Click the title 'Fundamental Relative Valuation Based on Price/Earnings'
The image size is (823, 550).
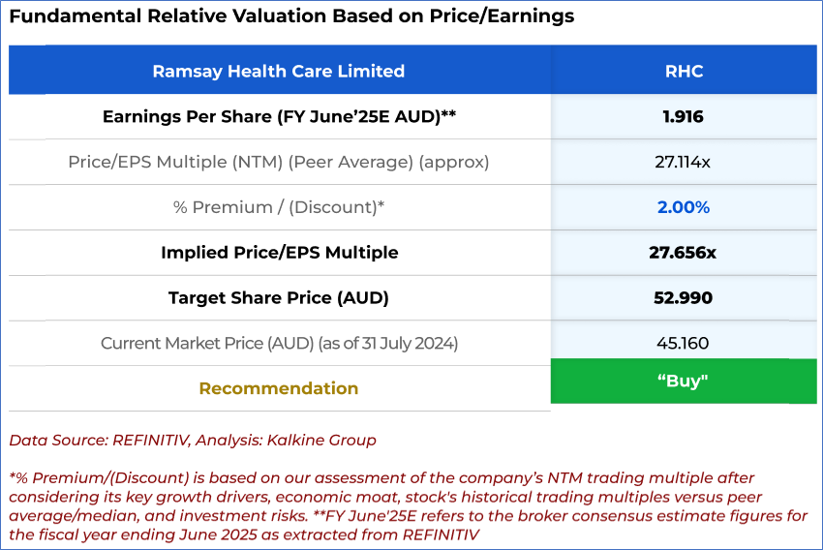pyautogui.click(x=291, y=16)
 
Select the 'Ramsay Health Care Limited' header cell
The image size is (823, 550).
pyautogui.click(x=279, y=71)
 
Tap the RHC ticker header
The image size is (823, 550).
pyautogui.click(x=684, y=71)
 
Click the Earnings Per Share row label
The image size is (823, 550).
pyautogui.click(x=279, y=116)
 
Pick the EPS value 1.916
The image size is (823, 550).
pyautogui.click(x=683, y=116)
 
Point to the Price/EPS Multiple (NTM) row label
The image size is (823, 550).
pyautogui.click(x=279, y=162)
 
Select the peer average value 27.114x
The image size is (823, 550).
pyautogui.click(x=683, y=162)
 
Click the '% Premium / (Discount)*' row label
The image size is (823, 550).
pyautogui.click(x=279, y=207)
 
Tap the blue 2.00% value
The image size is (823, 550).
pyautogui.click(x=683, y=207)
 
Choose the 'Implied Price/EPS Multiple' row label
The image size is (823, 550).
pyautogui.click(x=279, y=253)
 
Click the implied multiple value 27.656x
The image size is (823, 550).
pyautogui.click(x=683, y=253)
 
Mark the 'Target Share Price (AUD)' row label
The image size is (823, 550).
pyautogui.click(x=279, y=298)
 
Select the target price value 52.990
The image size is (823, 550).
pyautogui.click(x=683, y=298)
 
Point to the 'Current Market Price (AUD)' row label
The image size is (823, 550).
pyautogui.click(x=279, y=343)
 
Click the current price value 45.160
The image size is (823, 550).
pyautogui.click(x=683, y=343)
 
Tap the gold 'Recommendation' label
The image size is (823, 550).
pyautogui.click(x=279, y=388)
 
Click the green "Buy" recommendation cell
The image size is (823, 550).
pyautogui.click(x=683, y=382)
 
